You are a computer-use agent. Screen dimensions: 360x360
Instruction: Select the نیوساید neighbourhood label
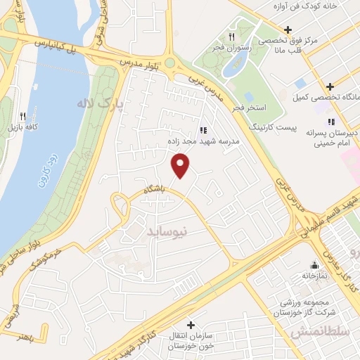point(165,230)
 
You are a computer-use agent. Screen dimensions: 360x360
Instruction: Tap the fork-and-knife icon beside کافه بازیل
point(22,116)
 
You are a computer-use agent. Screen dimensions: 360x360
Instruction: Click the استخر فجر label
point(246,107)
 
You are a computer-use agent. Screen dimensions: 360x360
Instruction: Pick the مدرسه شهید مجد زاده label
point(208,141)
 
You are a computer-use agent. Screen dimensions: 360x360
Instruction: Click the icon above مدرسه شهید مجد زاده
point(204,129)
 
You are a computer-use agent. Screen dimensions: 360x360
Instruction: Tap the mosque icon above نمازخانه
point(314,266)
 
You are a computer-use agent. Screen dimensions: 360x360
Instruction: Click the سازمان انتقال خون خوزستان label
point(189,340)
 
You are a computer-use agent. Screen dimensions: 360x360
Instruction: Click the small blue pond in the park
point(231,66)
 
